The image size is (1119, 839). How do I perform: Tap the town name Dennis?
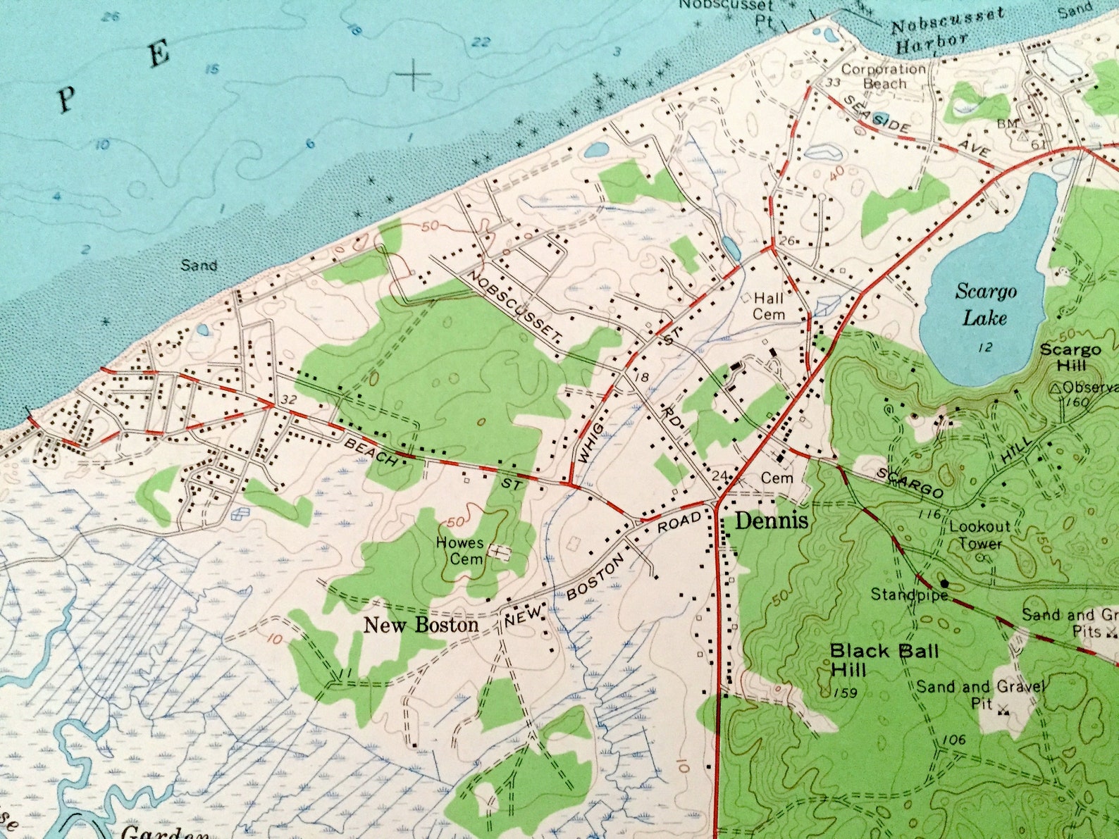click(x=772, y=522)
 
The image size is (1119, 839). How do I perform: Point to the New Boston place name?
click(x=421, y=624)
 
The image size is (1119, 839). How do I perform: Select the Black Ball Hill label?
click(x=883, y=659)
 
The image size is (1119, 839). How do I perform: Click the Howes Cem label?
click(x=459, y=551)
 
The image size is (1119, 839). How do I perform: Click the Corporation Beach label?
click(x=884, y=76)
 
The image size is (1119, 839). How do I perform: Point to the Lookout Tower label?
click(x=979, y=535)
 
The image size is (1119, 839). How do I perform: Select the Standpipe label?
click(x=905, y=595)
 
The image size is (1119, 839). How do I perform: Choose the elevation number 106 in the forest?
click(x=951, y=739)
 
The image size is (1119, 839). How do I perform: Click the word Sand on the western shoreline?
click(x=198, y=266)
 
